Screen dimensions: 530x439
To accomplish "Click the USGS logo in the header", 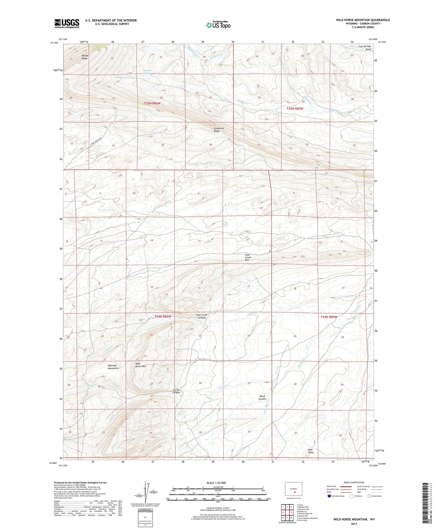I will coord(67,23).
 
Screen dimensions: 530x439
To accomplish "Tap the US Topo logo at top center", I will coord(218,25).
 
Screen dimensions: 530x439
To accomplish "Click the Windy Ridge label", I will coord(84,57).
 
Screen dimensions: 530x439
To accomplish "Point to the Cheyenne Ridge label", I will coord(219,130).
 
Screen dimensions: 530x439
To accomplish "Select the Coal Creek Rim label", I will coord(248,257).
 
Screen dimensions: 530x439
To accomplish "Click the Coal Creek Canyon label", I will coord(202,316).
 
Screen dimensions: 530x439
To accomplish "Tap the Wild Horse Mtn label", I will coord(140,365).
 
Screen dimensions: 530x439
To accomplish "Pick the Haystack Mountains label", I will coord(112,367).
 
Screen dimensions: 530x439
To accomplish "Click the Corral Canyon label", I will coord(176,391).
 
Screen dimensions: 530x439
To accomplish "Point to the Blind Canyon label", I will coord(262,398).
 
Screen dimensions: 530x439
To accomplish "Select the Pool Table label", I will coord(310,451).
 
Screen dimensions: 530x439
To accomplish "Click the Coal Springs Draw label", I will coord(365,48).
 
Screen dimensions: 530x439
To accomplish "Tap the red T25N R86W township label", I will coord(152,104).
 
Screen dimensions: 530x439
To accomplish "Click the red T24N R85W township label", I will coord(329,317).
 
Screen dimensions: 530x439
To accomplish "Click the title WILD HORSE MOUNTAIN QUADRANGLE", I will coord(363,20).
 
